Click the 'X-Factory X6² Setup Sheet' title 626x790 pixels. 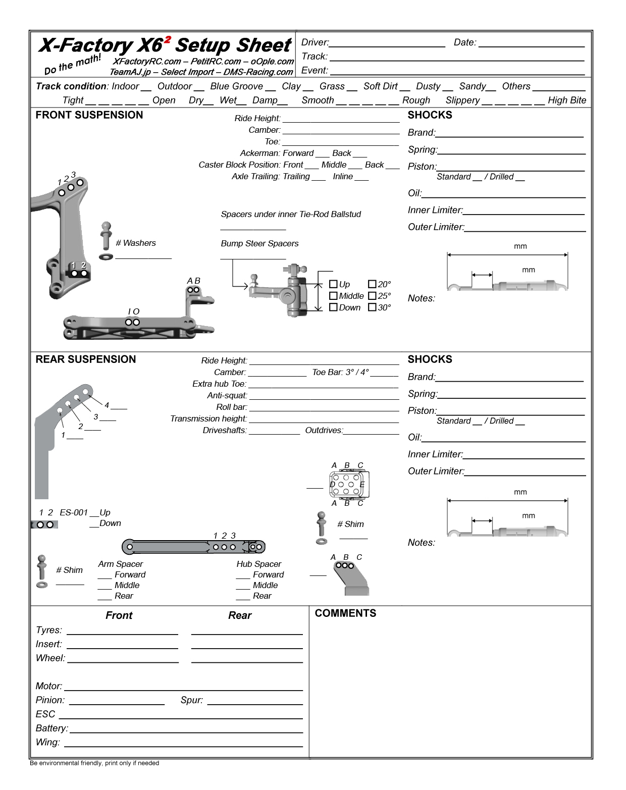[165, 45]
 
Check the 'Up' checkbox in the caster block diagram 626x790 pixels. [333, 284]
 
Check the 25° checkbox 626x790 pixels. [372, 296]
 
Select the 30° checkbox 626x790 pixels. [372, 307]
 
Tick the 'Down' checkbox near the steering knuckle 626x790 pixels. [333, 307]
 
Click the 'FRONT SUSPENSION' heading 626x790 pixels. [89, 115]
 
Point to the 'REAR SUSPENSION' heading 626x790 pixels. [86, 359]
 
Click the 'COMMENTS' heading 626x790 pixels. [345, 613]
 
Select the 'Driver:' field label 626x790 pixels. [315, 43]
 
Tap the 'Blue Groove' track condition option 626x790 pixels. [236, 86]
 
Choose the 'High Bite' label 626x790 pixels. [567, 100]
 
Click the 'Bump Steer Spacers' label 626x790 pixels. [259, 244]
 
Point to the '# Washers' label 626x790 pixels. [136, 243]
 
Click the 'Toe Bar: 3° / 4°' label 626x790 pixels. [340, 373]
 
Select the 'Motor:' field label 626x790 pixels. [49, 686]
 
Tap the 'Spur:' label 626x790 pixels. [192, 700]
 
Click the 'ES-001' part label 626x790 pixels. [74, 513]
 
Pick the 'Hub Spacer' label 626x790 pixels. [259, 564]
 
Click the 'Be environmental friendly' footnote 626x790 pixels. [94, 763]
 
